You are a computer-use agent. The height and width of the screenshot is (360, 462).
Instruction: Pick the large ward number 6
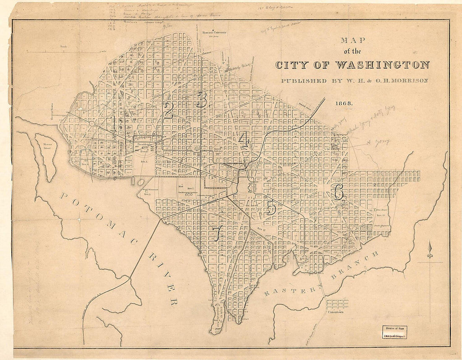[338, 192]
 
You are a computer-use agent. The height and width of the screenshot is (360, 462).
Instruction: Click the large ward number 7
[217, 234]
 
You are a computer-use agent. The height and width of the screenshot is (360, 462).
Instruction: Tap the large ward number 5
[270, 207]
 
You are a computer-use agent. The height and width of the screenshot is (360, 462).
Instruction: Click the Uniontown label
[337, 312]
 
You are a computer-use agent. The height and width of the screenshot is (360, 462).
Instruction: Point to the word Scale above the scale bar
[64, 47]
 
